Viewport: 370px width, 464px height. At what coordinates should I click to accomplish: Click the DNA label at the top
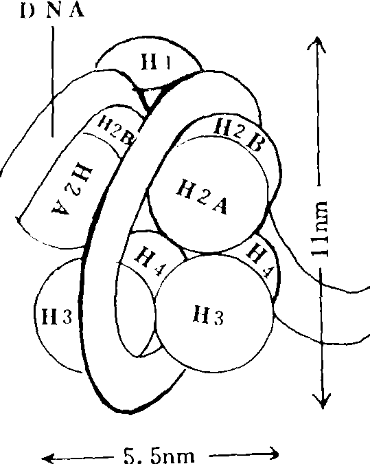tap(52, 10)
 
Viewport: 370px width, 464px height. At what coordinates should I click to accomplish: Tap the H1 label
tap(156, 62)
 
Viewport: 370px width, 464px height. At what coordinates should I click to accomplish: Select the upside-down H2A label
tap(72, 188)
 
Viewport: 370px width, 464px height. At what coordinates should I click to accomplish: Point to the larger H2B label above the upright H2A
tap(239, 134)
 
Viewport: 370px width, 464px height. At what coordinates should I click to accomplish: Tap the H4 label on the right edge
tap(259, 261)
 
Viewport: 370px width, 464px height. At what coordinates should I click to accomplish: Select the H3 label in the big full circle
tap(209, 316)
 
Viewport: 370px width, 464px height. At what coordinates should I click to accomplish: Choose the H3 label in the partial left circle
tap(57, 316)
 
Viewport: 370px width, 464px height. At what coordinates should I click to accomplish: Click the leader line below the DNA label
tap(53, 82)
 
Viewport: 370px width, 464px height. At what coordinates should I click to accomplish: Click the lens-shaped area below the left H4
tap(135, 308)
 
